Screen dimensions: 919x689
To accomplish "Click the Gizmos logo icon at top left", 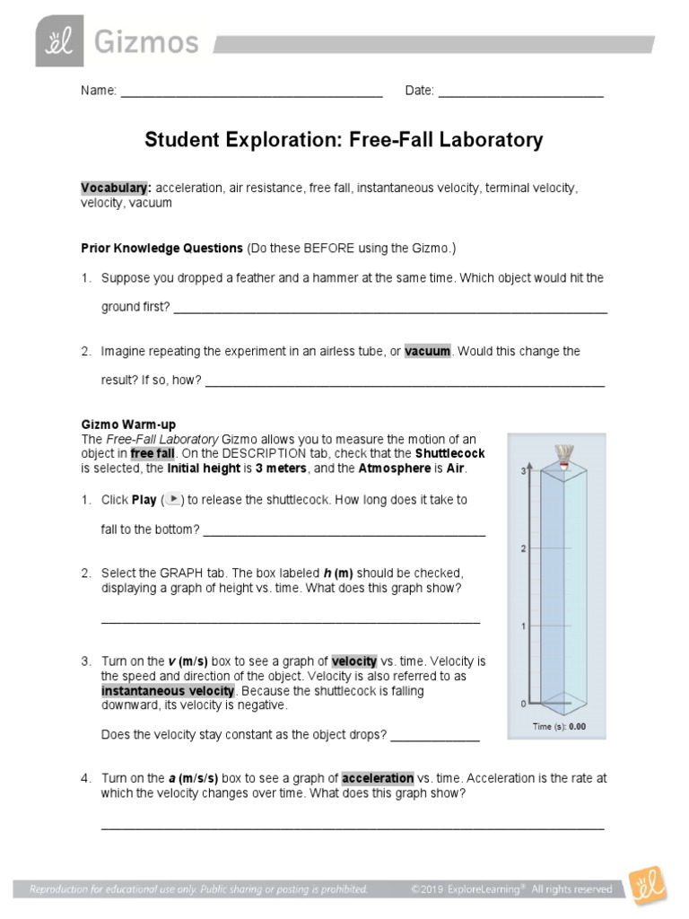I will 59,40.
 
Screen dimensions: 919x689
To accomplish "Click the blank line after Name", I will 251,92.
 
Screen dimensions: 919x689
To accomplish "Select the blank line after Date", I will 520,92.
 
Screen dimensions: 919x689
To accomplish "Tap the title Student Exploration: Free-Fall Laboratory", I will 344,140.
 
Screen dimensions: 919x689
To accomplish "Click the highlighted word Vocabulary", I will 116,188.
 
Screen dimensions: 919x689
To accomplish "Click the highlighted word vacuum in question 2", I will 427,352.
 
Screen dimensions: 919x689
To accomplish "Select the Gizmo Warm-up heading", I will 128,424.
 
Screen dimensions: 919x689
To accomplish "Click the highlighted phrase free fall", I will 153,454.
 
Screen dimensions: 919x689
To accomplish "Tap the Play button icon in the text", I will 176,499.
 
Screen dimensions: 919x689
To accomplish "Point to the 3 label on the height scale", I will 524,470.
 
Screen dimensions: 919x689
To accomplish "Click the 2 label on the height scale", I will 524,548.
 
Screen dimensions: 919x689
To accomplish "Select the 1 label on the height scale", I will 524,626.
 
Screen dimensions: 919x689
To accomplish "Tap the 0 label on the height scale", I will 524,704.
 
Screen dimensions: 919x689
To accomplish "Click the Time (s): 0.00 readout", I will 558,727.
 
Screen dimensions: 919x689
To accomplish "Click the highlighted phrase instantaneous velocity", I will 168,691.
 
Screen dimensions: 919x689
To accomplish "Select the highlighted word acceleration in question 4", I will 378,778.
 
